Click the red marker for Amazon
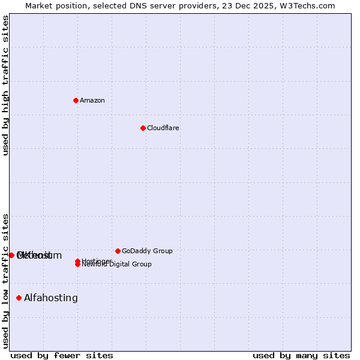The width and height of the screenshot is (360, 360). [76, 100]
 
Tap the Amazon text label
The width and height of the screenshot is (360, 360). [92, 100]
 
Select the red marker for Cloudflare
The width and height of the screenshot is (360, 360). [143, 128]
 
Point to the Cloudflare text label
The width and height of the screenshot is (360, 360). [163, 128]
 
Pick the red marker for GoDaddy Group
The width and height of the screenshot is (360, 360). [118, 251]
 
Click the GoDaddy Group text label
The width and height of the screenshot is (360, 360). [147, 251]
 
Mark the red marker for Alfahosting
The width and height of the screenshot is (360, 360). [19, 298]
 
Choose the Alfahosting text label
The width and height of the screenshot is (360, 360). [51, 298]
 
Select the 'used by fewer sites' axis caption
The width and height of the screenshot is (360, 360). [62, 355]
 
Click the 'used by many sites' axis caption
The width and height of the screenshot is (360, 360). [301, 355]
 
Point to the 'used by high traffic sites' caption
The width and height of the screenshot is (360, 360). [5, 85]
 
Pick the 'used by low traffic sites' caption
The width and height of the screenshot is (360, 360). [5, 280]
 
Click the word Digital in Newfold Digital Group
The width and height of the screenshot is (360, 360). [118, 264]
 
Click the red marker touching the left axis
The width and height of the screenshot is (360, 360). [11, 255]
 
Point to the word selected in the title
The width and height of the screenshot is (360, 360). [109, 5]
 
